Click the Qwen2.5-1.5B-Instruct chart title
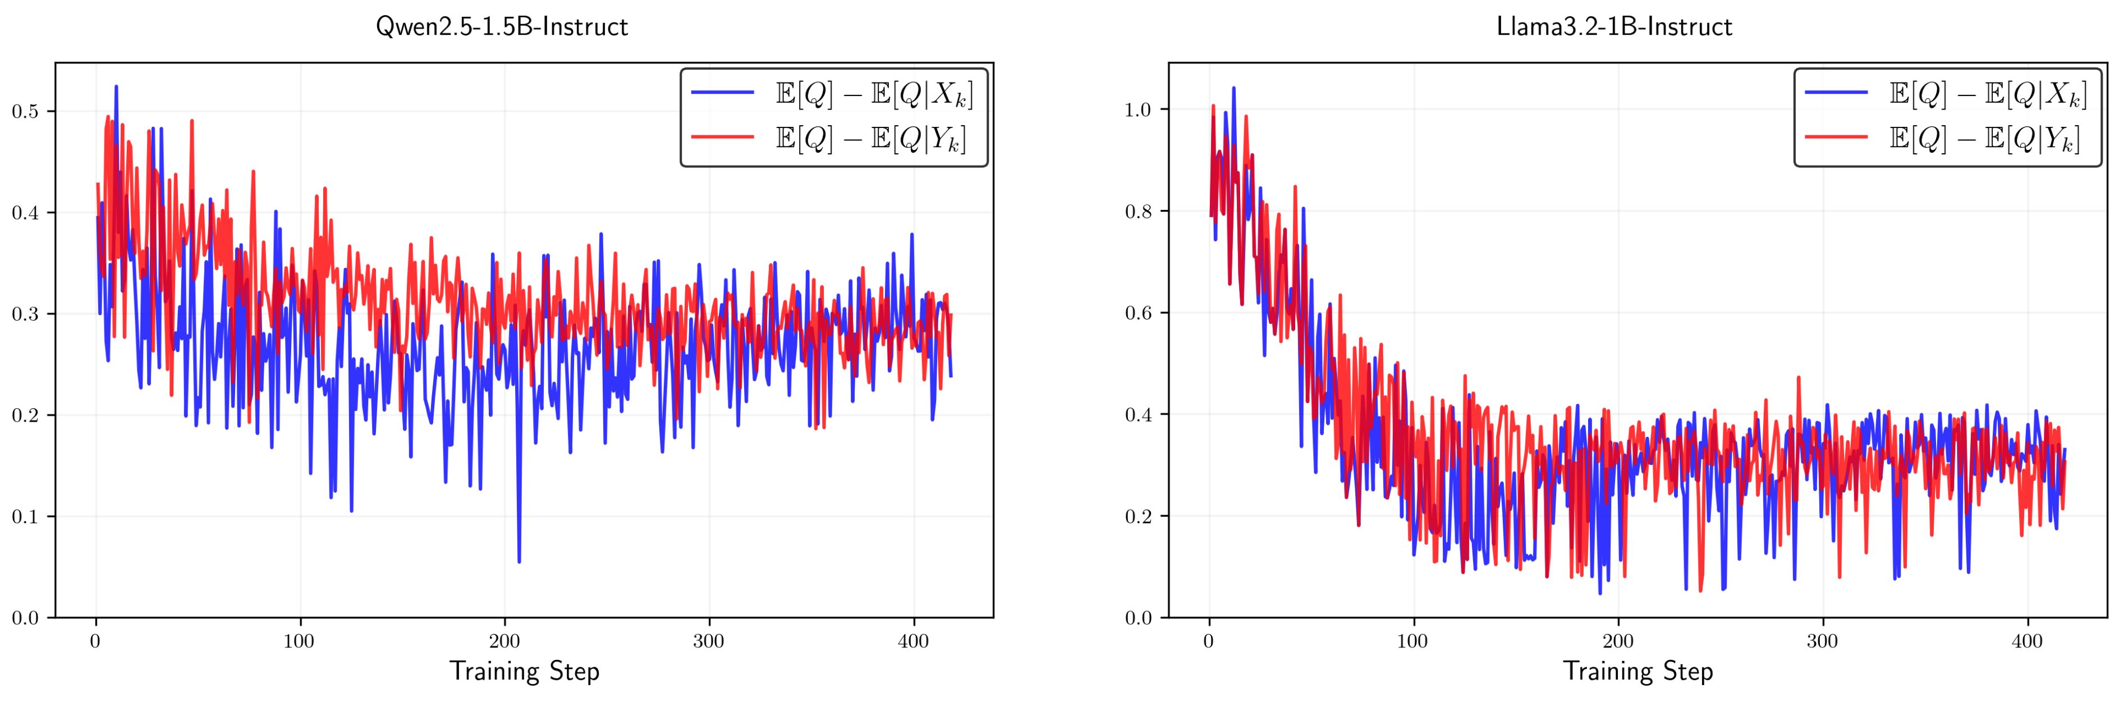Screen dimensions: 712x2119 click(x=501, y=27)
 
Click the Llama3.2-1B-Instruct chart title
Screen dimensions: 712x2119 click(x=1614, y=27)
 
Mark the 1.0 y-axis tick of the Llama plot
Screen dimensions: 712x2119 click(x=1141, y=109)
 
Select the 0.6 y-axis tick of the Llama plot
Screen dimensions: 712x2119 click(x=1141, y=313)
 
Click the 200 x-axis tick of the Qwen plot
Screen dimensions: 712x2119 click(x=504, y=641)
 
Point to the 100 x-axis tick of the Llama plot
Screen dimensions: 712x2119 click(x=1413, y=641)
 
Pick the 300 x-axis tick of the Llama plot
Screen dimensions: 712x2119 click(x=1823, y=641)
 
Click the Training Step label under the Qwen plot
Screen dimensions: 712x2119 click(x=524, y=672)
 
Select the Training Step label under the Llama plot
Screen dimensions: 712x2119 click(x=1638, y=672)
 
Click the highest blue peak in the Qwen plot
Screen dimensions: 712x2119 click(x=116, y=86)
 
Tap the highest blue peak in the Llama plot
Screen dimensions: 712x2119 click(x=1233, y=88)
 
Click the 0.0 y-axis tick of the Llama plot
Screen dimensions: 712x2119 click(x=1141, y=617)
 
